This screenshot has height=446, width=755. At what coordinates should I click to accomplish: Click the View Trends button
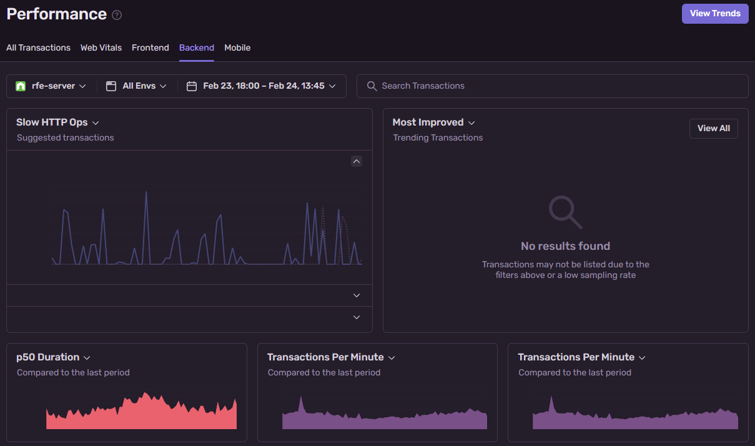coord(715,13)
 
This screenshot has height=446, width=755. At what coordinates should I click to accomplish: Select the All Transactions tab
coord(38,47)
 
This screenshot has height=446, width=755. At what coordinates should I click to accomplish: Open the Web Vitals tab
coord(101,47)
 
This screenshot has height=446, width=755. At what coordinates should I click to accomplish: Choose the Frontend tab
coord(151,47)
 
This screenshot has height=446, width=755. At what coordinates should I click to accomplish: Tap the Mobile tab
coord(237,47)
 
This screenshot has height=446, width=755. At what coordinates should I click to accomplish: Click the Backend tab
coord(197,47)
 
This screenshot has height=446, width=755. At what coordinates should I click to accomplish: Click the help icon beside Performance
coord(117,15)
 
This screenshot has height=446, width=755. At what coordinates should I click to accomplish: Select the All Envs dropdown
coord(137,86)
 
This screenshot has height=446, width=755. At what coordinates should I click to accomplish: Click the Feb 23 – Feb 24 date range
coord(263,86)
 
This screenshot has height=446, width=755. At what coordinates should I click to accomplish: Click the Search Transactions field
coord(552,86)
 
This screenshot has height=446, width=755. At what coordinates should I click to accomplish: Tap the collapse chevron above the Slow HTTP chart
coord(357,161)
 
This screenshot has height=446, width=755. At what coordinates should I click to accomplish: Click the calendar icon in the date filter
coord(192,86)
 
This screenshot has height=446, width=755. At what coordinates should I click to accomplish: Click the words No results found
coord(565,246)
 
